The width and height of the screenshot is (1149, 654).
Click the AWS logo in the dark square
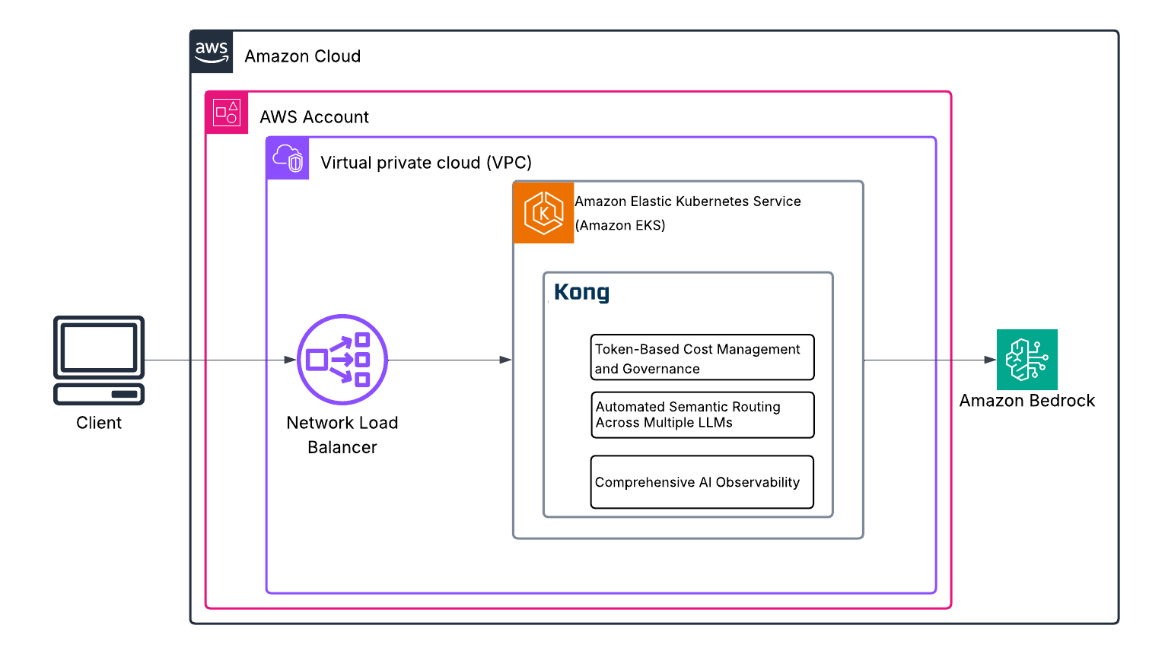tap(212, 52)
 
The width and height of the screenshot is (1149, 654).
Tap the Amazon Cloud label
tap(302, 56)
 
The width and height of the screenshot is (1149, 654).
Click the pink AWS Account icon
tap(227, 113)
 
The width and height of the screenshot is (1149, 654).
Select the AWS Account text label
tap(314, 117)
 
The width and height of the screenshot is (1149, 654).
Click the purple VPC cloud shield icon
tap(288, 158)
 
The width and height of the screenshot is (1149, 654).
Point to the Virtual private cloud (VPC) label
tap(425, 163)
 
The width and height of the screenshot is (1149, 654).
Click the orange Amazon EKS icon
tap(543, 213)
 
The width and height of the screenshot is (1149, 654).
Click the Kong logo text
tap(581, 292)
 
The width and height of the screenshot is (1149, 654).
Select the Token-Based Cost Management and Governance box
tap(702, 357)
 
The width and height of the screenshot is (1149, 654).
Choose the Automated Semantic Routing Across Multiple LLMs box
tap(702, 415)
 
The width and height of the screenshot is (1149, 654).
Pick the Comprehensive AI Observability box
tap(702, 482)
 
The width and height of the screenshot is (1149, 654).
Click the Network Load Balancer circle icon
tap(342, 360)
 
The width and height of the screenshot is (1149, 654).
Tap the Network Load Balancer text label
tap(342, 435)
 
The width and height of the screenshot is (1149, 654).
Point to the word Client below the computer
tap(99, 423)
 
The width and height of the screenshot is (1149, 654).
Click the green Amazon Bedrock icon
tap(1027, 360)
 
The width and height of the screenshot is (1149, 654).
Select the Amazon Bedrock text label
tap(1027, 401)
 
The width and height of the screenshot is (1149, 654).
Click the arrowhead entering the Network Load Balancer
tap(290, 360)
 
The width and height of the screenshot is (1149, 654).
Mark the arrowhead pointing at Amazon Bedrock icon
tap(990, 360)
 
